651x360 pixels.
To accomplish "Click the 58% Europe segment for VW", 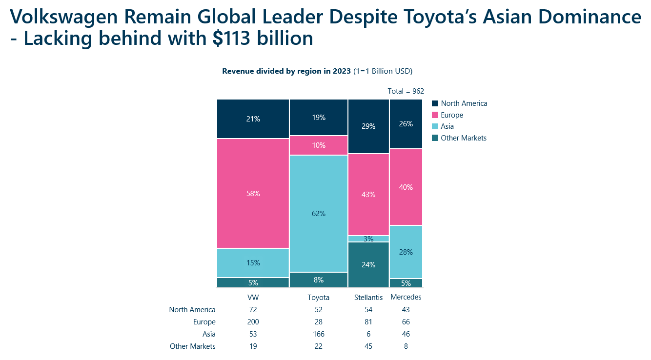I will (253, 194).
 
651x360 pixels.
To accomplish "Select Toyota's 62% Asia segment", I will (318, 213).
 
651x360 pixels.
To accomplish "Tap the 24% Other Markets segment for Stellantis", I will (368, 265).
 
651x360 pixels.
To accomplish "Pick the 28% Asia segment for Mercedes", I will (406, 252).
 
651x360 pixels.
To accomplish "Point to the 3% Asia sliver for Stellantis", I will (368, 239).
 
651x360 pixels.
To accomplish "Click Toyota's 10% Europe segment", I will (318, 145).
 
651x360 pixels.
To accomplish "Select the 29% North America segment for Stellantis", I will (368, 126).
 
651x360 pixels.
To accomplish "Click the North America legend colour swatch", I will (435, 103).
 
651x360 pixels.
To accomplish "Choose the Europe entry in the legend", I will (451, 115).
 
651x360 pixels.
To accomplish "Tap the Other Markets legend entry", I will (463, 138).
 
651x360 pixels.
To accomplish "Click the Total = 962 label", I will (406, 91).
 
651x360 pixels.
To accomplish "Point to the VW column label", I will (253, 297).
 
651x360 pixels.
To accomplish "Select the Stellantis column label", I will (368, 297).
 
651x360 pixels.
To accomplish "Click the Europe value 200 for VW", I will (253, 322).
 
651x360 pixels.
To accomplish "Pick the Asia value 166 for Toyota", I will (318, 334).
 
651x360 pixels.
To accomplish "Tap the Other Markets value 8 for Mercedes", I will (406, 346).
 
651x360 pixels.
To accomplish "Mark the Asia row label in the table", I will (209, 334).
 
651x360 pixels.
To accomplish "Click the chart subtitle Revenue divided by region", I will (286, 71).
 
